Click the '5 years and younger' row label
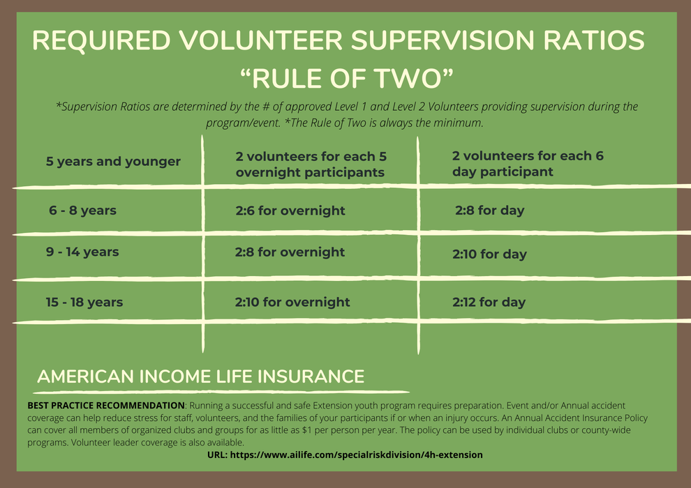pyautogui.click(x=113, y=162)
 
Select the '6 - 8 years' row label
pyautogui.click(x=82, y=211)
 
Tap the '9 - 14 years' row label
pyautogui.click(x=82, y=252)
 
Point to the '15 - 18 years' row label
pyautogui.click(x=84, y=302)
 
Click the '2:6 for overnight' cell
pyautogui.click(x=290, y=211)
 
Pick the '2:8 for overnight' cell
pyautogui.click(x=290, y=252)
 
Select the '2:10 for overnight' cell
pyautogui.click(x=292, y=302)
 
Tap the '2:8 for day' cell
pyautogui.click(x=489, y=211)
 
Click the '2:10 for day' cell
pyautogui.click(x=489, y=254)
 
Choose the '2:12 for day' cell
pyautogui.click(x=489, y=302)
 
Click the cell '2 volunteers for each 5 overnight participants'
pyautogui.click(x=311, y=164)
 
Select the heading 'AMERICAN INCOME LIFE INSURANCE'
pyautogui.click(x=201, y=377)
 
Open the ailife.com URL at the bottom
pyautogui.click(x=345, y=455)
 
